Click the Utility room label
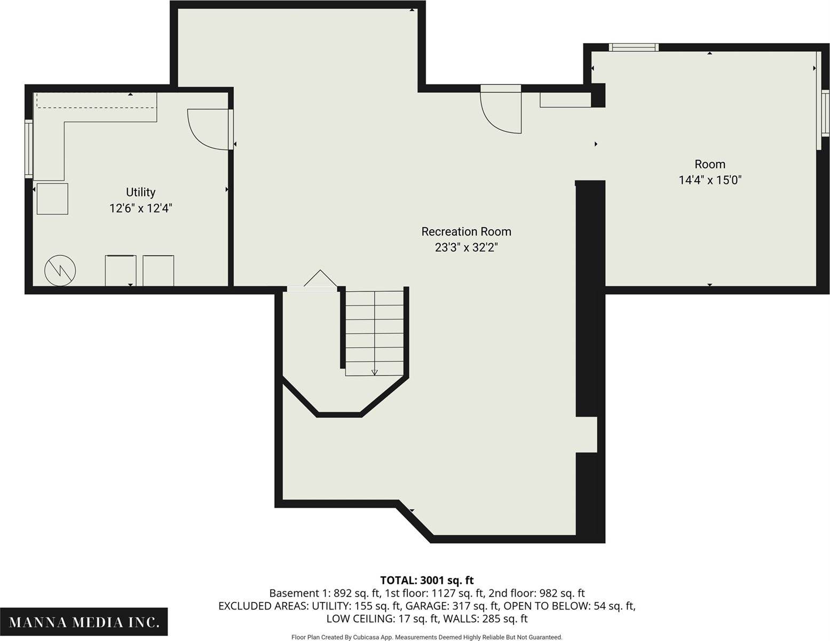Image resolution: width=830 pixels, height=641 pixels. pos(140,192)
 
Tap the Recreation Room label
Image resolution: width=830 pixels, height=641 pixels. pos(466,232)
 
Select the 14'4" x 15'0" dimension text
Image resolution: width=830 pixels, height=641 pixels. pos(710,180)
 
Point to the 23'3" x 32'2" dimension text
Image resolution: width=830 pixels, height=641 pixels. pos(466,248)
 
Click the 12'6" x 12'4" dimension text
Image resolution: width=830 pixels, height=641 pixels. pos(140,208)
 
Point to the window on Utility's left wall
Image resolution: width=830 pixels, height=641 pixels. pos(29,148)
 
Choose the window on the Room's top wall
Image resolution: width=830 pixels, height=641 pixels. pos(634,48)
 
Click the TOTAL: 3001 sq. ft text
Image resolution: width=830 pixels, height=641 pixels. pos(426,580)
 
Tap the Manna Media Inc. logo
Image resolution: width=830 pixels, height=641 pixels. pos(84,622)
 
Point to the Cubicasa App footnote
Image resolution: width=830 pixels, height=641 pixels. pos(426,637)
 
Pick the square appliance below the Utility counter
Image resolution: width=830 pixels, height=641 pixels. pos(52,199)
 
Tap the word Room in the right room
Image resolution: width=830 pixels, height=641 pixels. pos(710,165)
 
